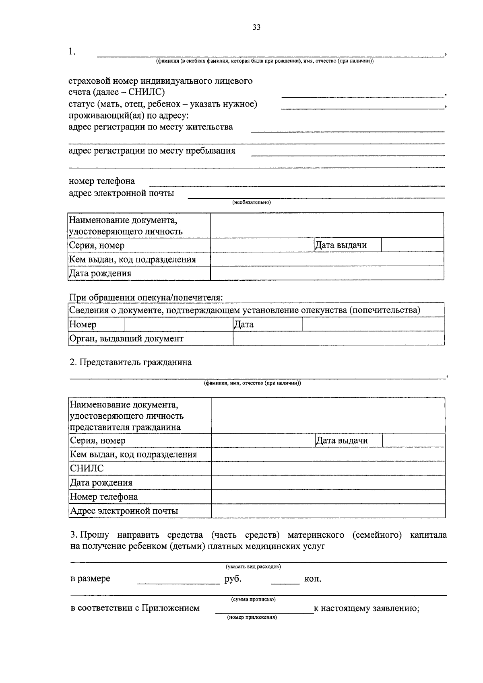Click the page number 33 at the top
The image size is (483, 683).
coord(256,27)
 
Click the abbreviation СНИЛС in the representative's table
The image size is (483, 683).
coord(87,468)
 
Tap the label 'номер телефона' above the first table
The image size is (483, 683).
coord(102,181)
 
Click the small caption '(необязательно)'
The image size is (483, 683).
coord(252,202)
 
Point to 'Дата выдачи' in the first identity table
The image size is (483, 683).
coord(341,245)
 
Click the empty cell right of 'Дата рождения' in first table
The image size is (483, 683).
coord(327,274)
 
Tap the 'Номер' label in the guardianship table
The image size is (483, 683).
coord(83,324)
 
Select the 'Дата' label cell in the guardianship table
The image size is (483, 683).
coord(244,324)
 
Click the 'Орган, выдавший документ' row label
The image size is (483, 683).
coord(126,338)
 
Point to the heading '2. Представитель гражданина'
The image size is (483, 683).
coord(130,362)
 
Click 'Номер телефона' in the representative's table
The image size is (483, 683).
coord(104,496)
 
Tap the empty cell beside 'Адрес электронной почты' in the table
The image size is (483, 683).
coord(328,511)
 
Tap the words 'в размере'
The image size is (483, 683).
coord(90,579)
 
